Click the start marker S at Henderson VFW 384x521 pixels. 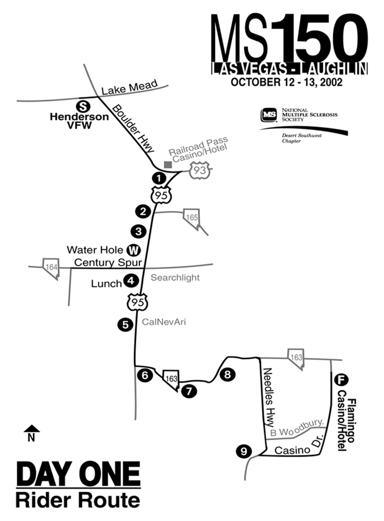pos(84,106)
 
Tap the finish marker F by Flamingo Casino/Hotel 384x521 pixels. pos(339,380)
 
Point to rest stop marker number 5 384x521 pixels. pos(125,324)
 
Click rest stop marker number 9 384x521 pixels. pos(242,451)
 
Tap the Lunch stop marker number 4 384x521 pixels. pos(131,282)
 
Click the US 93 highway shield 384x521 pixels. pos(198,170)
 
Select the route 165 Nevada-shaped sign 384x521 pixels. pos(191,216)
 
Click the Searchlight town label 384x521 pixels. pos(175,277)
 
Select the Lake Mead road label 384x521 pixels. pos(129,87)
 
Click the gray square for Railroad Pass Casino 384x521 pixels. pos(168,164)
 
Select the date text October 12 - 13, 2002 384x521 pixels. pos(287,82)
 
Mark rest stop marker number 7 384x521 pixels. pos(188,390)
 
